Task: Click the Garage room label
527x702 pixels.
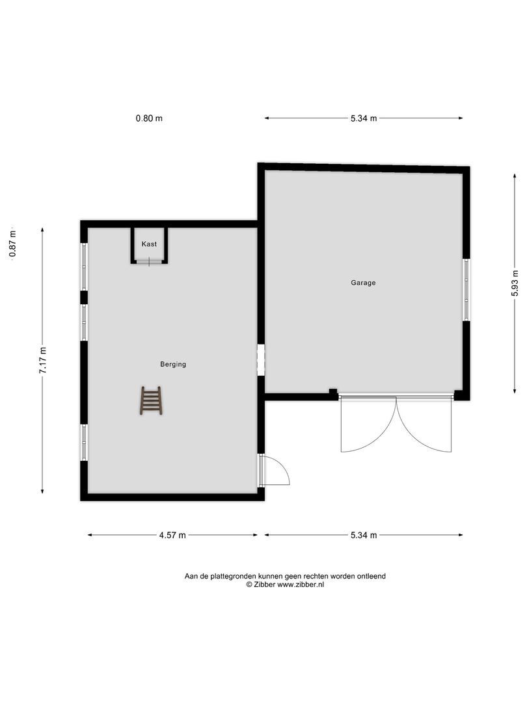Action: point(363,283)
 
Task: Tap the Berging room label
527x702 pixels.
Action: point(173,365)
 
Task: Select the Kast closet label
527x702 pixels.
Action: point(149,244)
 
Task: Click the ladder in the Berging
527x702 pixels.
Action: point(151,400)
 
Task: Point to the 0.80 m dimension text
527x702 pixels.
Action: point(149,118)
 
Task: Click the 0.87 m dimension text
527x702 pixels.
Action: point(12,244)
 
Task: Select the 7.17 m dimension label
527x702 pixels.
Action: point(42,360)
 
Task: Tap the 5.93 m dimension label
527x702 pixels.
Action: point(515,283)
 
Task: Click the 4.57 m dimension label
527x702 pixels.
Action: point(172,535)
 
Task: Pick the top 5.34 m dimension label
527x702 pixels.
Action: point(364,118)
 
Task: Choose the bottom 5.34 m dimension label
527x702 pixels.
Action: point(364,535)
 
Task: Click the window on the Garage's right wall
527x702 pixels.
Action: point(466,290)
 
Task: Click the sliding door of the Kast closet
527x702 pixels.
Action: point(149,261)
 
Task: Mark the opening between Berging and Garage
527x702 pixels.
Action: point(261,360)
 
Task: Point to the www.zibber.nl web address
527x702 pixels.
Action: point(301,584)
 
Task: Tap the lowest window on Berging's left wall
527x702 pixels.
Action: point(84,442)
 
